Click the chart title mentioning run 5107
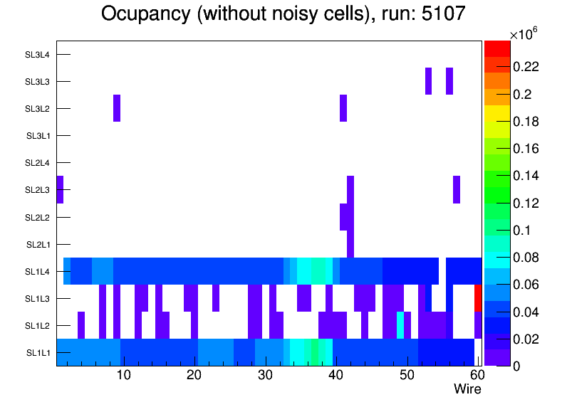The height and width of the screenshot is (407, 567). coord(283,14)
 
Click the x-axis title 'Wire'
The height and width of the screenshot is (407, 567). coord(467,389)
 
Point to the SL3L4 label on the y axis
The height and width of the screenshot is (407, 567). coord(38,54)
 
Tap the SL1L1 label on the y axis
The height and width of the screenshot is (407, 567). coord(38,353)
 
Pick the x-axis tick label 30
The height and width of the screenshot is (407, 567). coord(264,375)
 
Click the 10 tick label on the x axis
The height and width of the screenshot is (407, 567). coord(123,375)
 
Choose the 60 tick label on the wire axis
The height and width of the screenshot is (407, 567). coord(476,375)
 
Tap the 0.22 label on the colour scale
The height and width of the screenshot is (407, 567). coord(527,67)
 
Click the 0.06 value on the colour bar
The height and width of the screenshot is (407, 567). coord(527,285)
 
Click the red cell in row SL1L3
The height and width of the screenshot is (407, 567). coord(478,298)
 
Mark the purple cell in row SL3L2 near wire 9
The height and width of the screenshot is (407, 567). coord(117,108)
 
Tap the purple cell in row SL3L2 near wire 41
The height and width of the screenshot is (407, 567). coord(343,108)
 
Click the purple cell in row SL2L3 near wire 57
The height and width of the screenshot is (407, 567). coord(457,189)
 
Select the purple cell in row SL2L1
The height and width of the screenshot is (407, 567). coord(350,244)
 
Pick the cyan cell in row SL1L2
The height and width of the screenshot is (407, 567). coord(400,325)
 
